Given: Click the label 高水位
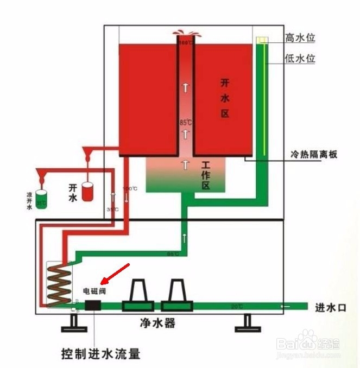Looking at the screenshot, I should coord(300,38).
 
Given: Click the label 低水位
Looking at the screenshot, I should coord(300,59).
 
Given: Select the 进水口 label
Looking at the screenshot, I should coord(331,307).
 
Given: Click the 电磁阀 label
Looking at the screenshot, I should coord(94,291).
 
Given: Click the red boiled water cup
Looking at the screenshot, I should coord(88,191).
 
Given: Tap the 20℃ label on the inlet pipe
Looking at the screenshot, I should coord(237,307).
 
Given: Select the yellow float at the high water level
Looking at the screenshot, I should coord(261,40).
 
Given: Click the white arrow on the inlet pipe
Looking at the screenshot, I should coord(286,307).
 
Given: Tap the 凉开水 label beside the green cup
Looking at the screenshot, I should coord(30,199).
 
